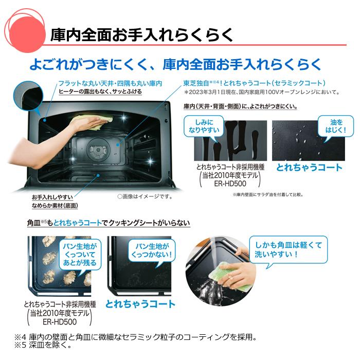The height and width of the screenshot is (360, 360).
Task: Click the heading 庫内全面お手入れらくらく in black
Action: (142, 35)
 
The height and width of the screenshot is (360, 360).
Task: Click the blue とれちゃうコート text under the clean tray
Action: (140, 304)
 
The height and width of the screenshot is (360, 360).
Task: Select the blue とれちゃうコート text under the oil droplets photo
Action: (309, 167)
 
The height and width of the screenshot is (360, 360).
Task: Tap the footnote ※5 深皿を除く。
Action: (43, 345)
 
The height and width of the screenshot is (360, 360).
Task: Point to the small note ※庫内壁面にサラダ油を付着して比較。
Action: (267, 194)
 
